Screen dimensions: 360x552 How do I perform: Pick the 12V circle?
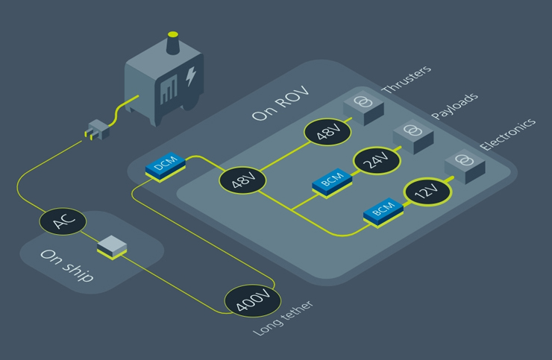tap(426, 194)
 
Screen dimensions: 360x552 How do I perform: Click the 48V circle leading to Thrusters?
tap(324, 135)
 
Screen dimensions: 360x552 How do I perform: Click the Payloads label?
tap(455, 106)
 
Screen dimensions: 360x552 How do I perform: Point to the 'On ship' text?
tap(67, 265)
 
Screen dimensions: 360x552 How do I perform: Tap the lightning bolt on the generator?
tap(192, 77)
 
